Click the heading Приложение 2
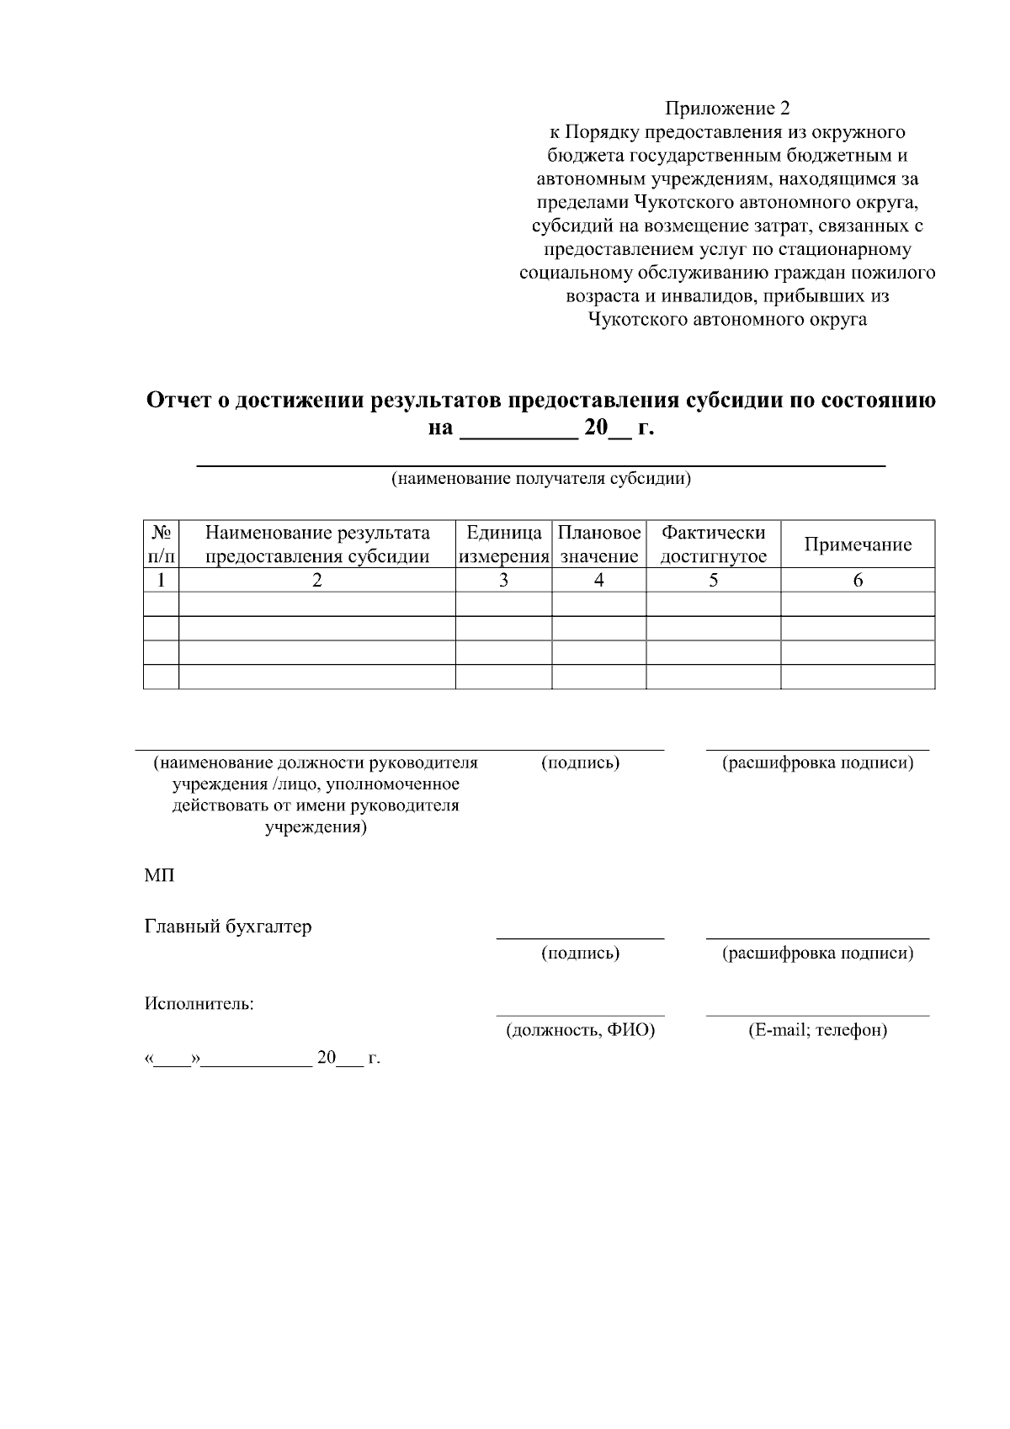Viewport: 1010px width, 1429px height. point(727,108)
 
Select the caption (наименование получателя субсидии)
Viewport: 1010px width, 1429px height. point(540,479)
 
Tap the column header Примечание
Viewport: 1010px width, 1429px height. point(857,545)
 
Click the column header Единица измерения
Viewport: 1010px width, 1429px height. point(503,545)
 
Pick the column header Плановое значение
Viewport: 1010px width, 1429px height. point(598,545)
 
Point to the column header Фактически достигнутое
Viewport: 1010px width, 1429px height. point(713,545)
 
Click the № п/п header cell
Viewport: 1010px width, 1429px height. point(161,545)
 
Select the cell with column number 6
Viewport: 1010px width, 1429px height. point(857,580)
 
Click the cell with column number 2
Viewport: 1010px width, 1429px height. point(317,580)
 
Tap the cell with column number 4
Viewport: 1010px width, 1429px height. point(598,580)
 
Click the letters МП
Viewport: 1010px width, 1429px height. point(159,875)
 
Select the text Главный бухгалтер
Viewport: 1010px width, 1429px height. point(228,927)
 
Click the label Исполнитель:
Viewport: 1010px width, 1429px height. point(199,1003)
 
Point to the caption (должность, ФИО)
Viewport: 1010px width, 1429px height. point(580,1030)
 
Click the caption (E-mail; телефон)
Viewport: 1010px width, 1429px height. point(817,1030)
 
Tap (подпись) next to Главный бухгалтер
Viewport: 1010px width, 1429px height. point(580,953)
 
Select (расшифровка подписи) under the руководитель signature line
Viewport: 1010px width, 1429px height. point(817,762)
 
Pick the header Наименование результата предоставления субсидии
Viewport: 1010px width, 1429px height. point(317,545)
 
